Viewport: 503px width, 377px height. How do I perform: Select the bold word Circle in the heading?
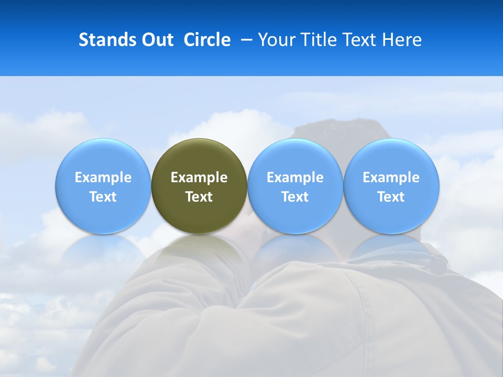[x=207, y=40]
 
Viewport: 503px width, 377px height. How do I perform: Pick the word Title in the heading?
[x=318, y=40]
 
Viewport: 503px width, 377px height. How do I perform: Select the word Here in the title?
[x=403, y=40]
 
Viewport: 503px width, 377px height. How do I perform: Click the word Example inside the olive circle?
[x=199, y=178]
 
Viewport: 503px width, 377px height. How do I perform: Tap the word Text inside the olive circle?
[x=199, y=197]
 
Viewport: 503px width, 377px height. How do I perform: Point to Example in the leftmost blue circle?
[x=103, y=178]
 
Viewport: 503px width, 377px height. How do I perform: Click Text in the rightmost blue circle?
[x=391, y=197]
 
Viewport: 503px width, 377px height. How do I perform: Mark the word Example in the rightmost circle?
[x=391, y=178]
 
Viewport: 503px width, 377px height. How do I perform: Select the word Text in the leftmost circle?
[x=103, y=197]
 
